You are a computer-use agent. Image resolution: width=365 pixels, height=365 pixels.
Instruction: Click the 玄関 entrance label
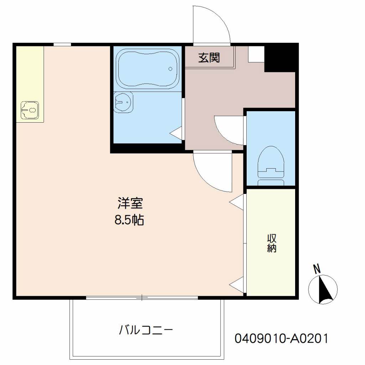click(209, 58)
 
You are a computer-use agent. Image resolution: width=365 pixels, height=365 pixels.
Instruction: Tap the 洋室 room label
click(130, 203)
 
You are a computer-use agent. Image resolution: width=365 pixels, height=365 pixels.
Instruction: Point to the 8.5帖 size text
click(129, 220)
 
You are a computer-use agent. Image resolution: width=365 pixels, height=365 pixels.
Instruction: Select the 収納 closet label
click(271, 243)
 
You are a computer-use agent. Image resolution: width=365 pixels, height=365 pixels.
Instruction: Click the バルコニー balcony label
click(146, 330)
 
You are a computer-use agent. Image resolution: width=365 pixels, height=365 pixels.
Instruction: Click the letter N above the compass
click(317, 269)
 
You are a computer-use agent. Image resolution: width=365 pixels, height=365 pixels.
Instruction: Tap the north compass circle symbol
click(323, 289)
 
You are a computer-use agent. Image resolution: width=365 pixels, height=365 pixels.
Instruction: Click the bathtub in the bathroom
click(148, 69)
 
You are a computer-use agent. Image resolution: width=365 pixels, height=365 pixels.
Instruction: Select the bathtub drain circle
click(170, 69)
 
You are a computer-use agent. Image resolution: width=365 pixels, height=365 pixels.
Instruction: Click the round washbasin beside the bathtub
click(123, 102)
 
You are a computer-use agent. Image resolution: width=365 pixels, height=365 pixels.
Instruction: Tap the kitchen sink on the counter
click(30, 110)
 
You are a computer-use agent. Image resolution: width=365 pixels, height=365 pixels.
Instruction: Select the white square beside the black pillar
click(256, 54)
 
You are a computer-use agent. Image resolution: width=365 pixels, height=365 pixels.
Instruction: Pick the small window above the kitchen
click(62, 45)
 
